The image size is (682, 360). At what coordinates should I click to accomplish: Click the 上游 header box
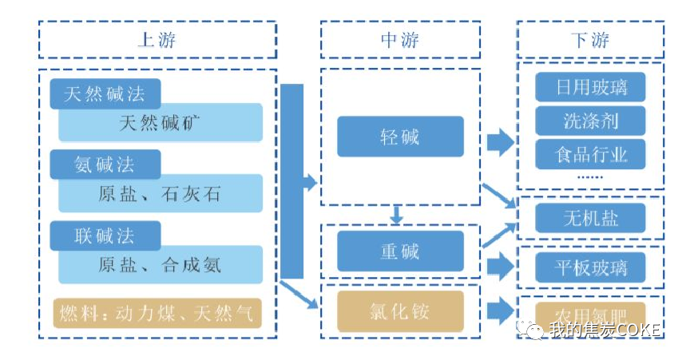click(157, 39)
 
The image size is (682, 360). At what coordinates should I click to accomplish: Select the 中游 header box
click(400, 39)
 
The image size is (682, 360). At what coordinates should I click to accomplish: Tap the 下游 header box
click(590, 39)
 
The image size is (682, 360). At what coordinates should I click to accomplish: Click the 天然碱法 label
click(105, 94)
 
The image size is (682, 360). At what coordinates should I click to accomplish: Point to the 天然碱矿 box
click(161, 124)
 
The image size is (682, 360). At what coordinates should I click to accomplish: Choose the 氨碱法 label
click(105, 165)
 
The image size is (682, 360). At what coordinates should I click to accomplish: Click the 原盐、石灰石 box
click(161, 194)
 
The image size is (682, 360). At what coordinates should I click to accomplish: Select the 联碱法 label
click(105, 235)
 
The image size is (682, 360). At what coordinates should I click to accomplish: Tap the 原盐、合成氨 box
click(161, 264)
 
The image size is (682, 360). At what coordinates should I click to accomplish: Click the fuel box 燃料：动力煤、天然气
click(157, 312)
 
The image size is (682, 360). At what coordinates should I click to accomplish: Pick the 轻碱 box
click(400, 136)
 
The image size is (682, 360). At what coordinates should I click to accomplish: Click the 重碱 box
click(400, 251)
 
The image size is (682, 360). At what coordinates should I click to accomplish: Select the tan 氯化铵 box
click(400, 311)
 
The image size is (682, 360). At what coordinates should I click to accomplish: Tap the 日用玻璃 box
click(591, 86)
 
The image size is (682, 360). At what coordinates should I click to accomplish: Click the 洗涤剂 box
click(591, 121)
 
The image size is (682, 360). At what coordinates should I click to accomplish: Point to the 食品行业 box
click(591, 154)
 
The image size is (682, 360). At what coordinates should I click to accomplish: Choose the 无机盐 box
click(591, 217)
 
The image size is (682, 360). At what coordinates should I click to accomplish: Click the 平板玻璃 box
click(591, 267)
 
